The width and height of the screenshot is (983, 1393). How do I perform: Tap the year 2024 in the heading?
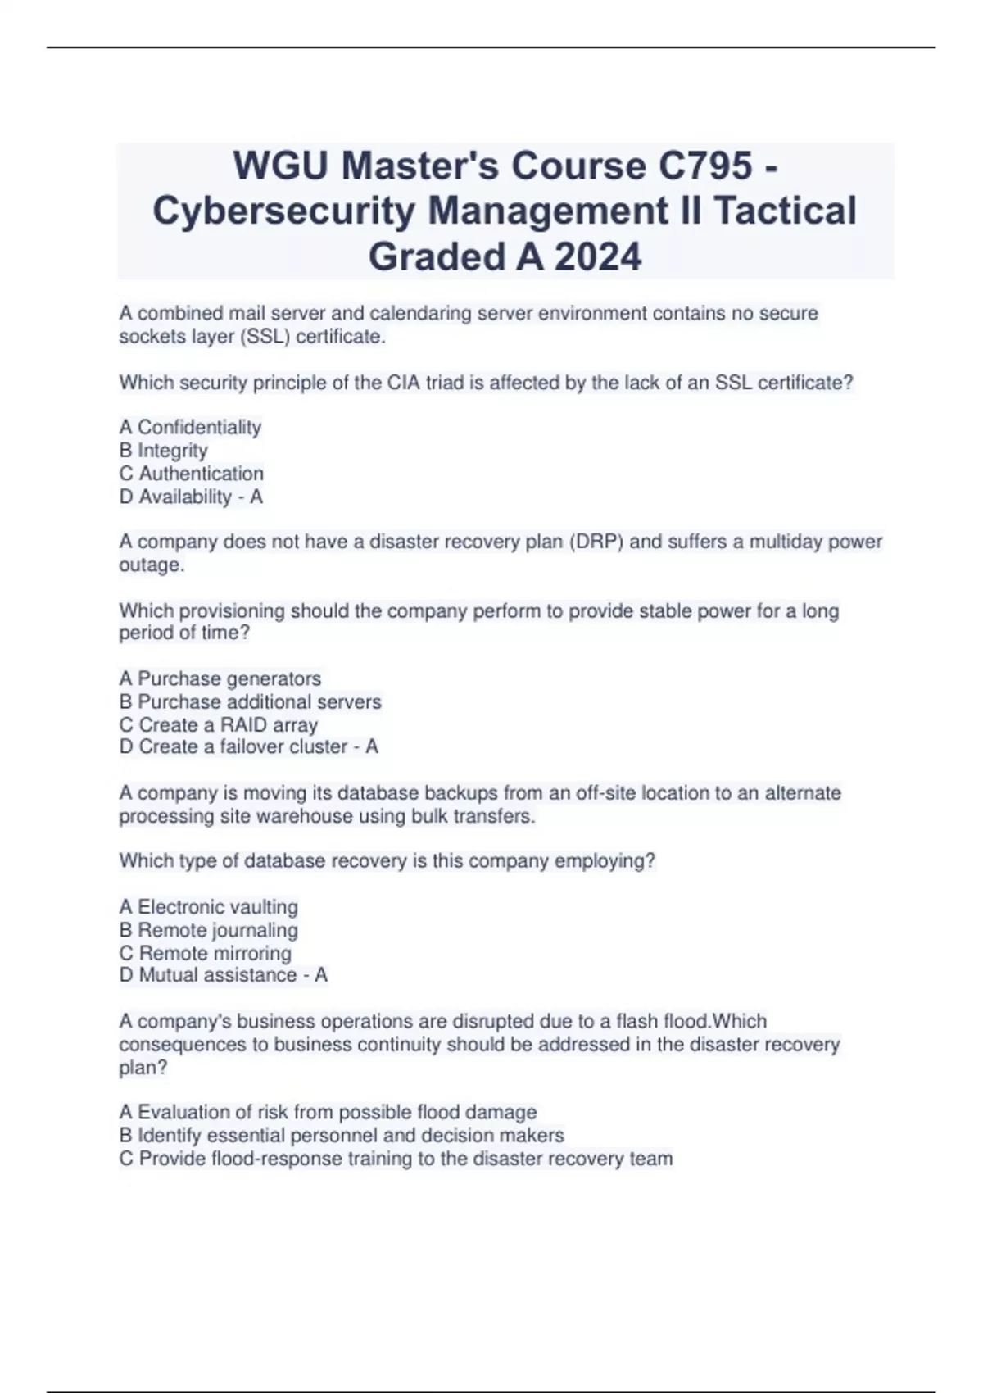point(598,256)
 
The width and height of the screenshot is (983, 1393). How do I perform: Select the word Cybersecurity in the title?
point(283,211)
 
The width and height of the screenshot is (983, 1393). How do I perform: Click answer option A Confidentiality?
point(190,427)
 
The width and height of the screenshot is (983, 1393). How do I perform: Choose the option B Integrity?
point(163,450)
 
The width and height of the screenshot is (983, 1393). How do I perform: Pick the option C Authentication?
point(192,473)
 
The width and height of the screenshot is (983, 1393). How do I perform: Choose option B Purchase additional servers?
point(250,701)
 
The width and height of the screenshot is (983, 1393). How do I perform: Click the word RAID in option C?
point(243,724)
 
